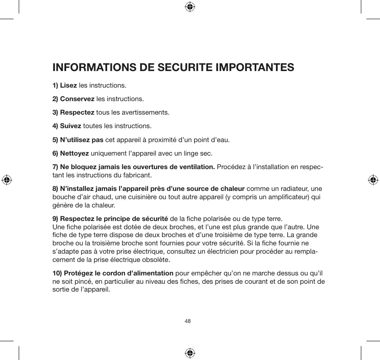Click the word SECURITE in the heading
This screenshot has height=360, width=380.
coord(180,68)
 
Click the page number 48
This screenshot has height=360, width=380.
coord(188,321)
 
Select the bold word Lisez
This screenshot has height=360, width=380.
coord(68,85)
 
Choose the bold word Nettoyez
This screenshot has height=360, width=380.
coord(74,154)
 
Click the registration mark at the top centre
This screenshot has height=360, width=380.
coord(190,7)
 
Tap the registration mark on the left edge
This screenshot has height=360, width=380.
coord(6,180)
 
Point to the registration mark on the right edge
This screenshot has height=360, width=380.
coord(373,180)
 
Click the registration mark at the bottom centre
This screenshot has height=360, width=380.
coord(190,353)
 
